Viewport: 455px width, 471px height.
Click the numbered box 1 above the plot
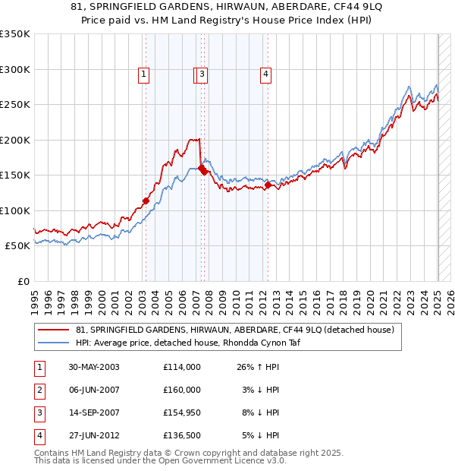[x=143, y=74]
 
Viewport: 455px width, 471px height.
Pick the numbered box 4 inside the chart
[x=266, y=74]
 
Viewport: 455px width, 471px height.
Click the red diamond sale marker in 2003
[x=146, y=201]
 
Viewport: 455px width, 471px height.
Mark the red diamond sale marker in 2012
[x=268, y=185]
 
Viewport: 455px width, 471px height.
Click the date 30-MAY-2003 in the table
[x=93, y=367]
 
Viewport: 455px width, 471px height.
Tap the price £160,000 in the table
[x=182, y=390]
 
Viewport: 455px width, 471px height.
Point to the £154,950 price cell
[x=182, y=413]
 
